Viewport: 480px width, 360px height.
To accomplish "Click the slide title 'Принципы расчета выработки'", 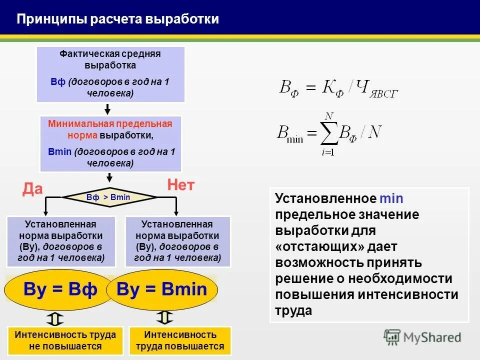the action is [x=118, y=19].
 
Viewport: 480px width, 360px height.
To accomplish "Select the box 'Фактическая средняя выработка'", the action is [x=110, y=74].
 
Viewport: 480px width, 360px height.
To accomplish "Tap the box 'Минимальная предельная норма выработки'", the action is [x=110, y=143].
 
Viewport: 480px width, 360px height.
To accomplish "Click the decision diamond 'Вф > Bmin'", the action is [x=108, y=197].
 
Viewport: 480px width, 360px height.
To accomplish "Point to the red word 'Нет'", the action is [x=180, y=186].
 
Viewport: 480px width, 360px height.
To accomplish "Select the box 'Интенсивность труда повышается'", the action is [x=180, y=340].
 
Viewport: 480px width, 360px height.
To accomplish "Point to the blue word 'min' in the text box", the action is [x=391, y=198].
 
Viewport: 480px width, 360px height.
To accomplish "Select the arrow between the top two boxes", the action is [x=107, y=108].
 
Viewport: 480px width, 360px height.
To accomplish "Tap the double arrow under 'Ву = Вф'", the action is [x=56, y=318].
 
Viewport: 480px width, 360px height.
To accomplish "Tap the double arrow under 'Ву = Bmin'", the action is [x=164, y=317].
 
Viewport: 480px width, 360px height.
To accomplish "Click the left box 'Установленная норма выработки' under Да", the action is [x=61, y=241].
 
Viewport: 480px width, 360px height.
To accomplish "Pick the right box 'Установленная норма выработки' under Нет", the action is [x=177, y=241].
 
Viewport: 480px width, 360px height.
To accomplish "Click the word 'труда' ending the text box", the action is [x=293, y=310].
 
